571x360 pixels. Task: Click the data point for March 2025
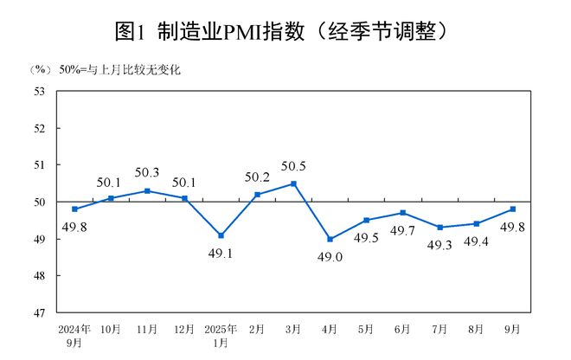click(294, 183)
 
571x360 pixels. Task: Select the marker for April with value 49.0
click(330, 239)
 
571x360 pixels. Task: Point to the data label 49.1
click(221, 254)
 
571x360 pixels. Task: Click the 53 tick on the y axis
click(39, 91)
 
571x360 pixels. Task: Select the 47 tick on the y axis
click(39, 312)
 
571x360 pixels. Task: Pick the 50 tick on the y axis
click(39, 202)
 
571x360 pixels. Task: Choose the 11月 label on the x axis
click(148, 330)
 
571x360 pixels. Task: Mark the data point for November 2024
click(148, 190)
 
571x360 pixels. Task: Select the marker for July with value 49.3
click(439, 228)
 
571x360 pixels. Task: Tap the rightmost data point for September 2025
click(513, 209)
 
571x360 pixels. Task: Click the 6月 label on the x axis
click(403, 330)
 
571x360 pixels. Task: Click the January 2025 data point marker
click(221, 235)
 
